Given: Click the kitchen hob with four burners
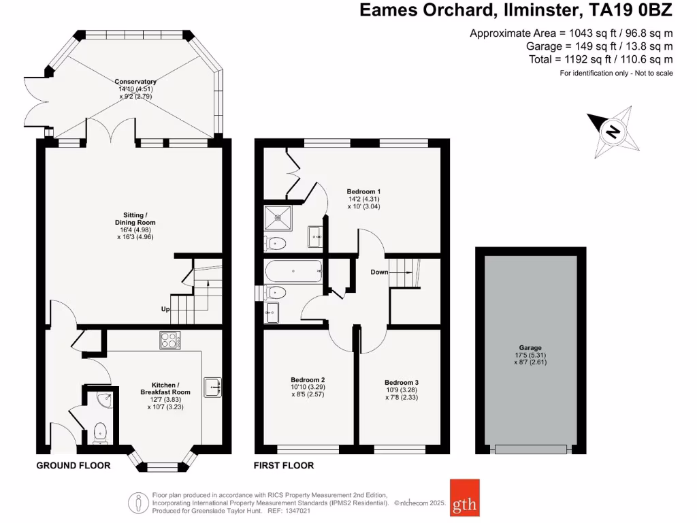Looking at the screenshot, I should (168, 340).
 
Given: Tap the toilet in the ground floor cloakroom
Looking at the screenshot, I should (100, 431).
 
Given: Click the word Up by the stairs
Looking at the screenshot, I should (165, 309).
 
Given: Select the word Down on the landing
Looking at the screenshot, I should (379, 272).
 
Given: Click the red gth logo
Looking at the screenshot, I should (464, 498).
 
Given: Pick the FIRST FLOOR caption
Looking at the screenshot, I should (284, 466).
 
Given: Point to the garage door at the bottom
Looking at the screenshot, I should (530, 449).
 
